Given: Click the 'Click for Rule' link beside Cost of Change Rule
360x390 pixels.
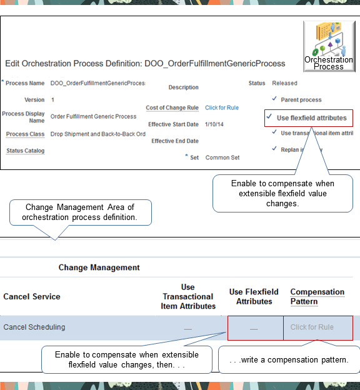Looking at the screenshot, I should click(221, 107).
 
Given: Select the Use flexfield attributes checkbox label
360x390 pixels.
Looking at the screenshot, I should click(311, 118).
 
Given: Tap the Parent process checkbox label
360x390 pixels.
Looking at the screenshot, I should click(301, 99).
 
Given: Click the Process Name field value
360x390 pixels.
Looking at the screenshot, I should click(97, 83).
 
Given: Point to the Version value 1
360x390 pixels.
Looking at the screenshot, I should click(52, 100).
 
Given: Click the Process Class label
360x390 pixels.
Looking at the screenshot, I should click(26, 134).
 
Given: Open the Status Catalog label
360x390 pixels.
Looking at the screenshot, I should click(26, 151).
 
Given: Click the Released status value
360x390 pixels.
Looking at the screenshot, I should click(284, 83).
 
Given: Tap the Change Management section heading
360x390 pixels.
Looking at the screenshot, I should click(99, 267).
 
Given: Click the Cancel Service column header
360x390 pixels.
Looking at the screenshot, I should click(32, 296).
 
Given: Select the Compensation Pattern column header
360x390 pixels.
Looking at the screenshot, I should click(317, 296).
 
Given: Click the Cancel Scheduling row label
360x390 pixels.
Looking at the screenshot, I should click(34, 327).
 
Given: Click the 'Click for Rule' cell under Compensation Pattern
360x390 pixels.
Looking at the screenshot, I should click(311, 327).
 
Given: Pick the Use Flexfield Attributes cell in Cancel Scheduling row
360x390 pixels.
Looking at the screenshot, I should click(254, 327).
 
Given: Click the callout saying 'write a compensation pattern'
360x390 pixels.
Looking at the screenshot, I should click(289, 360).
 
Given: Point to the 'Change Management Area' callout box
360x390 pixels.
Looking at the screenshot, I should click(79, 212).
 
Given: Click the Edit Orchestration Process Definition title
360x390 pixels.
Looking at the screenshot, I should click(145, 63).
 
